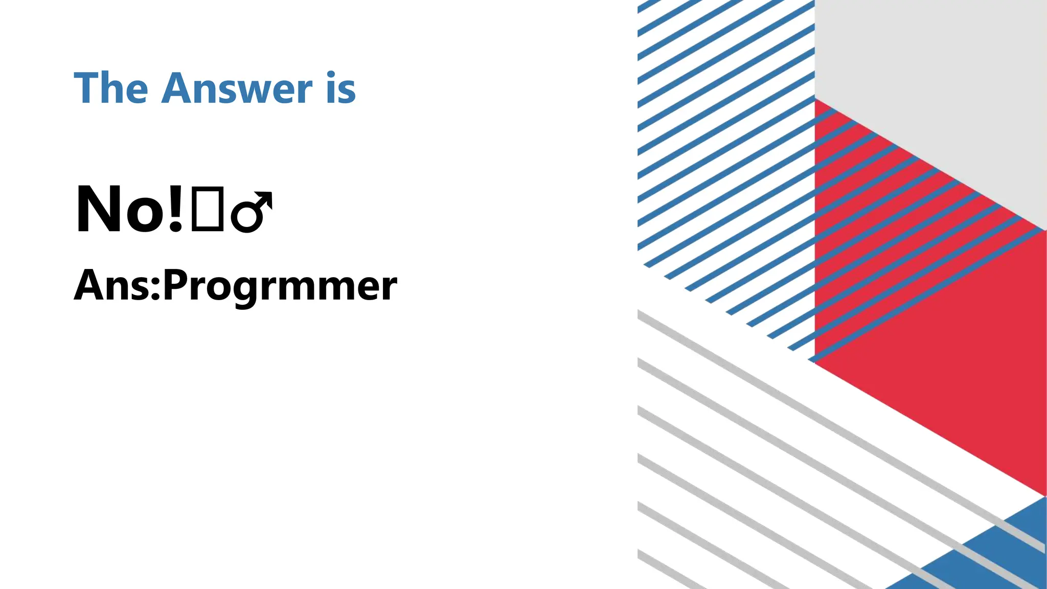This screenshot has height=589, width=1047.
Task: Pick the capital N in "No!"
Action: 100,210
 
